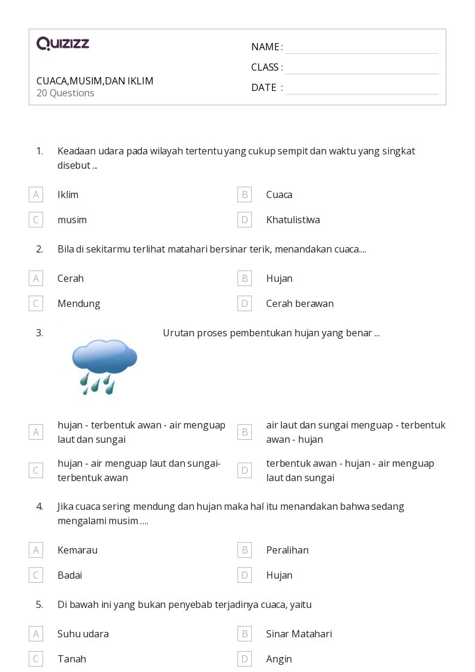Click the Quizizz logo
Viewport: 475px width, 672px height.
click(63, 44)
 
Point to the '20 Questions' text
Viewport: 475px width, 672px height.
click(65, 93)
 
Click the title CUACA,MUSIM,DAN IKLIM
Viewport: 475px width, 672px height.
click(95, 81)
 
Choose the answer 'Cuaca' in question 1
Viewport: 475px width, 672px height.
click(279, 194)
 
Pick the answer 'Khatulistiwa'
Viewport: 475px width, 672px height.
click(293, 220)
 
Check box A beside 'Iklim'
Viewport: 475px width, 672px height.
click(36, 194)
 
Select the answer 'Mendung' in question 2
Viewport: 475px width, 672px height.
click(78, 303)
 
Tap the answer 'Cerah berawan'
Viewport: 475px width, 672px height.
click(300, 303)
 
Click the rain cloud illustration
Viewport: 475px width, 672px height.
click(104, 366)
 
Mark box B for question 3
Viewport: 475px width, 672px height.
click(245, 432)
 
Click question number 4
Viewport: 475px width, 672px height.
click(39, 506)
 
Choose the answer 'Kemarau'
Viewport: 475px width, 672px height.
click(77, 550)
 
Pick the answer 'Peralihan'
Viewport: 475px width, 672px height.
click(287, 550)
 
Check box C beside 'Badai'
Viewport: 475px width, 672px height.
click(36, 575)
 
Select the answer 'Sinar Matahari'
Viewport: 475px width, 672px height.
click(299, 634)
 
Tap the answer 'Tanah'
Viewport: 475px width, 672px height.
click(72, 659)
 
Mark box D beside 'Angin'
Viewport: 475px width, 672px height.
click(245, 659)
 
